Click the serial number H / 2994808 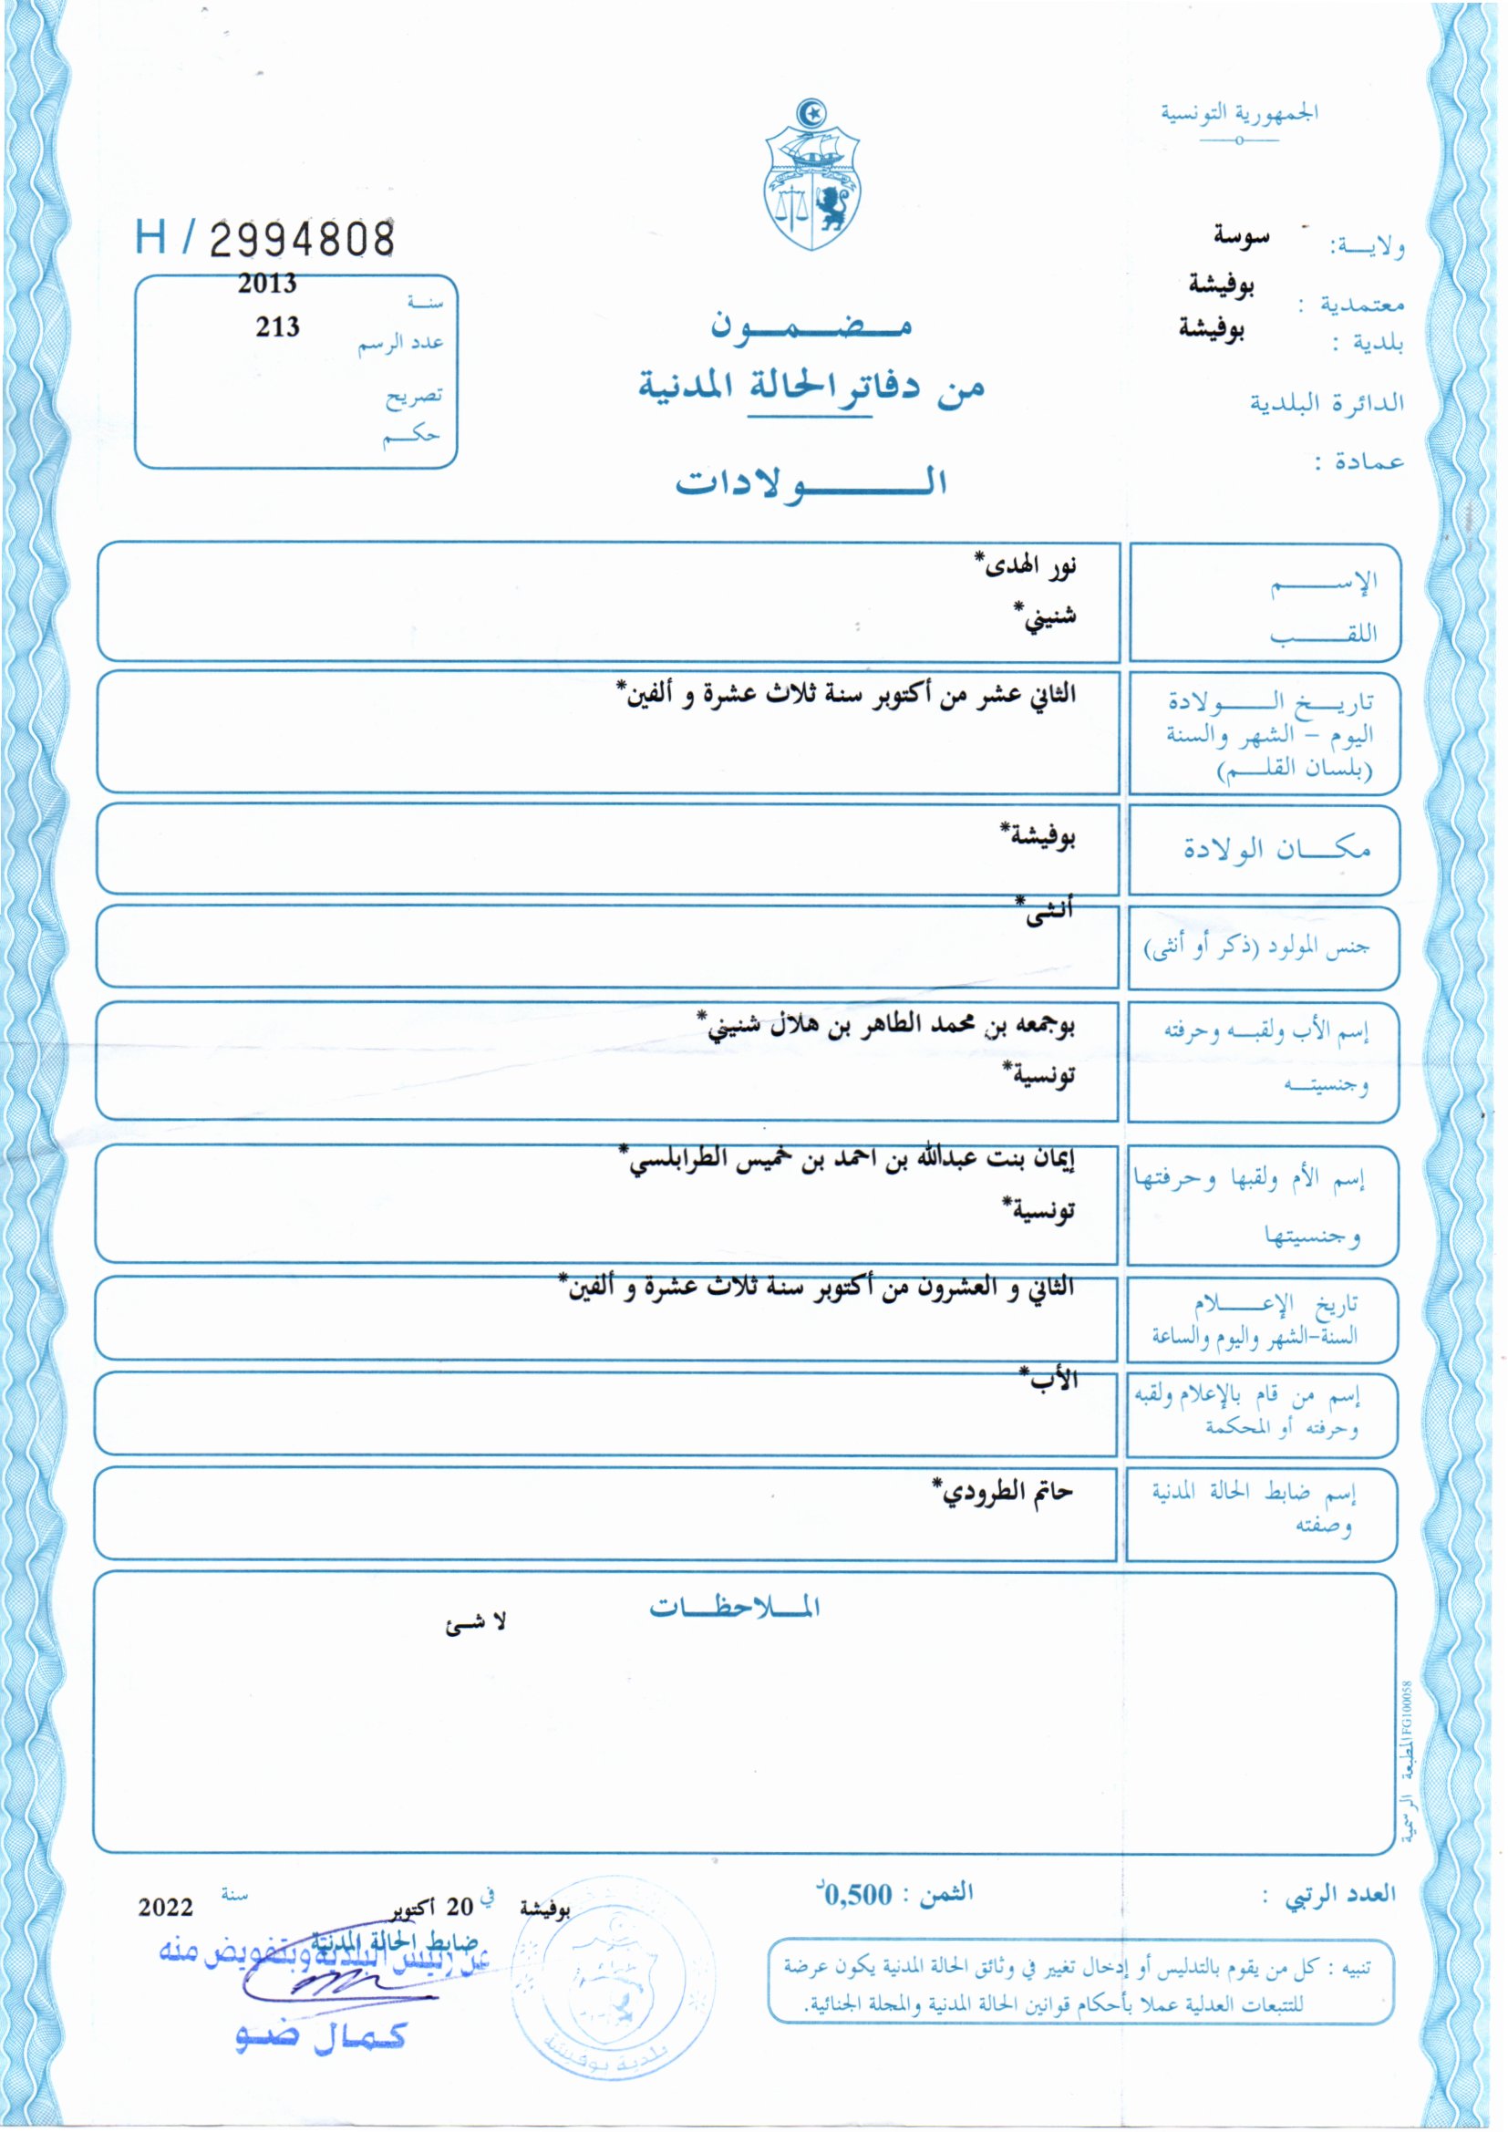click(x=264, y=239)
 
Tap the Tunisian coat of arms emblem click(x=812, y=176)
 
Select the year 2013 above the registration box click(x=267, y=285)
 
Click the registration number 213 click(x=278, y=326)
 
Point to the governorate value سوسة click(x=1241, y=238)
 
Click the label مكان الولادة click(x=1276, y=849)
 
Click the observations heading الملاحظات click(x=734, y=1608)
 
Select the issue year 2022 click(x=165, y=1909)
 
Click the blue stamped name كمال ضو click(x=321, y=2035)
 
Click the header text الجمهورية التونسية click(x=1239, y=113)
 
